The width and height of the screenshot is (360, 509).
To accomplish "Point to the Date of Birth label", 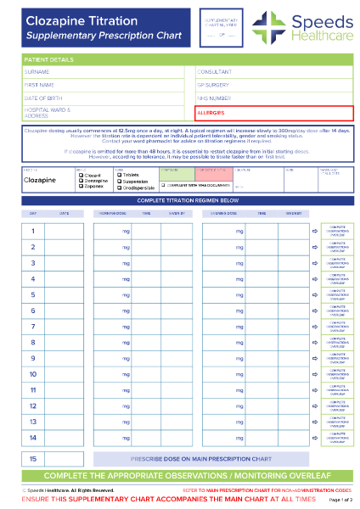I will (x=42, y=98).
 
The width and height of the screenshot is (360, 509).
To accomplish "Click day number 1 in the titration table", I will (x=32, y=231).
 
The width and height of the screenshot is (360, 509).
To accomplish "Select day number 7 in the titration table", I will (x=32, y=327).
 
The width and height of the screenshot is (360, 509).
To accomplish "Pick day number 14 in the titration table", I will (x=32, y=438).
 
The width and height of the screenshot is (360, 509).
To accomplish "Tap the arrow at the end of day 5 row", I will (x=313, y=294).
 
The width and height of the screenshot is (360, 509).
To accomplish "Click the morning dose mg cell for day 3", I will (x=110, y=263).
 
